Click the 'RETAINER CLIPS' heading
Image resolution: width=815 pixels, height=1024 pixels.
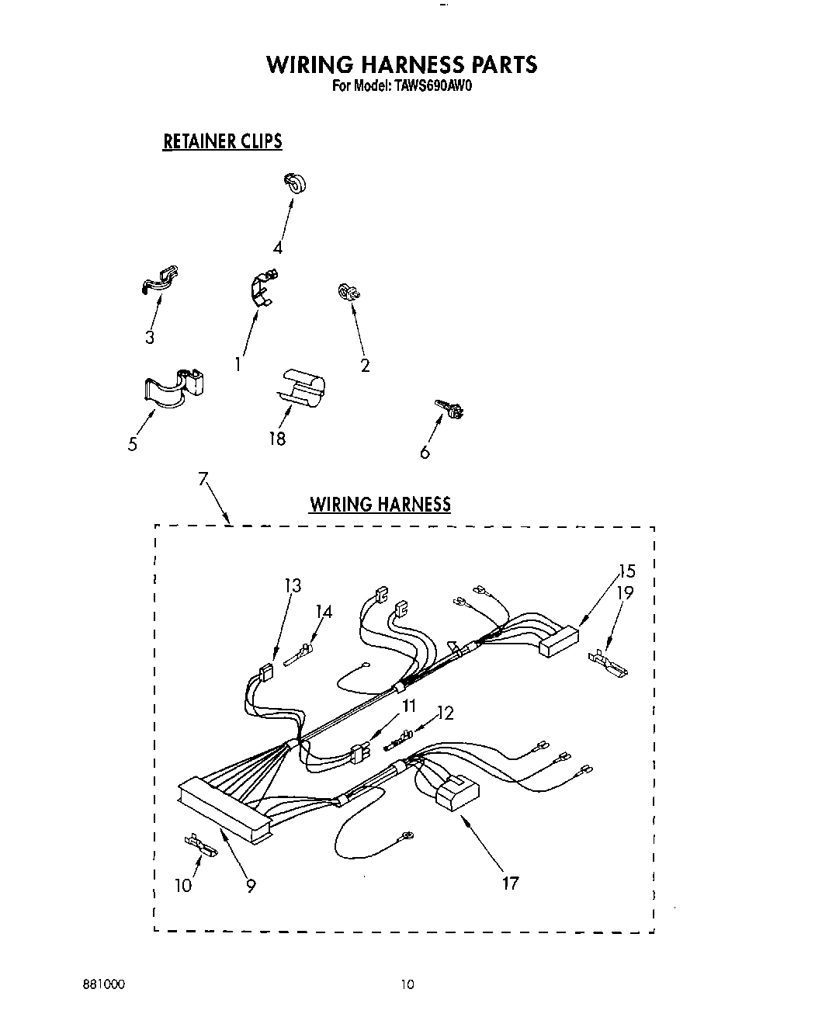coord(222,141)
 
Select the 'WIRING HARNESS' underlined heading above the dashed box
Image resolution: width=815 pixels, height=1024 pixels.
coord(380,505)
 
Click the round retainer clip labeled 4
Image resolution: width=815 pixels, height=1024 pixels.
coord(294,183)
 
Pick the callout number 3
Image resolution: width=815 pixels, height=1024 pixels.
coord(149,337)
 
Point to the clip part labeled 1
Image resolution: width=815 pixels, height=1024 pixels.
coord(262,287)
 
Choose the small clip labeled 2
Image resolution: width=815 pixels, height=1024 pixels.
coord(347,292)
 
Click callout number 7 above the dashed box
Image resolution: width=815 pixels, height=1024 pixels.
coord(203,480)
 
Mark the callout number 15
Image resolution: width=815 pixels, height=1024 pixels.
coord(627,571)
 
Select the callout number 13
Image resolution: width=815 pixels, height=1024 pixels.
coord(293,585)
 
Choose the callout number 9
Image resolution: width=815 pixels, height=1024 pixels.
coord(251,884)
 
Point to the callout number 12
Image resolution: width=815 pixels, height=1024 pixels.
coord(446,713)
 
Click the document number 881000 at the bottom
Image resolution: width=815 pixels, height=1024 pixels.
coord(103,984)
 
